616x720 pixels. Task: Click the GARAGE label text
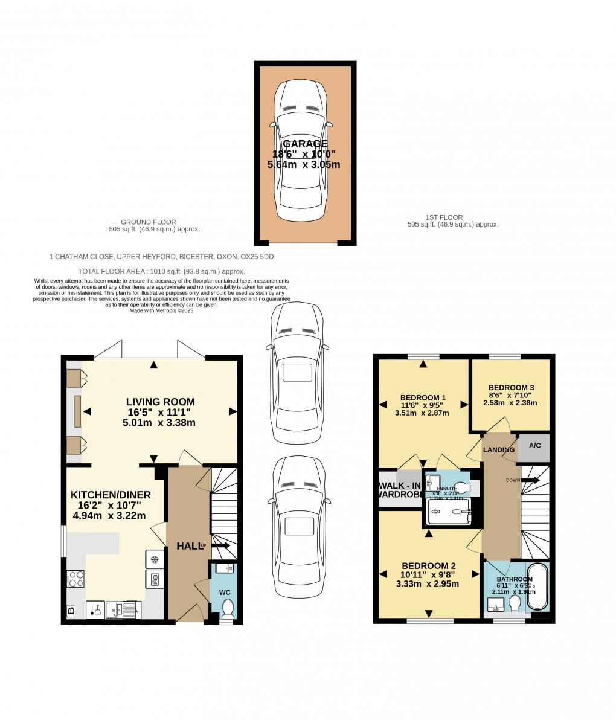pos(305,144)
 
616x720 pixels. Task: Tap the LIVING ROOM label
pos(160,402)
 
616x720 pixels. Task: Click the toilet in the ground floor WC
pos(228,606)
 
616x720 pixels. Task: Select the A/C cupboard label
pos(534,446)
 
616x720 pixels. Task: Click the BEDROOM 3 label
pos(511,387)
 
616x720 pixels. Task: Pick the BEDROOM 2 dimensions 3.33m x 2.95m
pos(428,584)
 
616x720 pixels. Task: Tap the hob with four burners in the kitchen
pos(76,579)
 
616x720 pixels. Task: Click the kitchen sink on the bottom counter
pos(115,610)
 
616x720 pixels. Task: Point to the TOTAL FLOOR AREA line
pos(162,271)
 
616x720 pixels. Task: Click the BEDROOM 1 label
pos(423,397)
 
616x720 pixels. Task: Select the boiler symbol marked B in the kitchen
pos(71,611)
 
